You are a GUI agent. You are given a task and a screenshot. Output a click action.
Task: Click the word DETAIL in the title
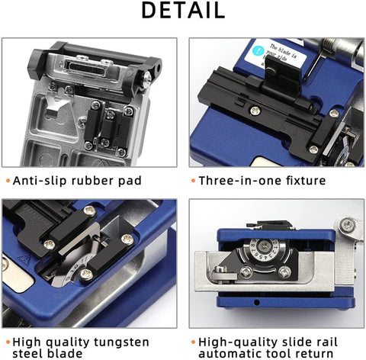[x=182, y=11]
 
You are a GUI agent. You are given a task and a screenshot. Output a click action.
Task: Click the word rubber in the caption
[x=95, y=181]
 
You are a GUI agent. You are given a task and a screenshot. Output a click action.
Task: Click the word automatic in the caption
[x=232, y=353]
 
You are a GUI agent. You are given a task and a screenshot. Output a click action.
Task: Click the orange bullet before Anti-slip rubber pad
[x=7, y=182]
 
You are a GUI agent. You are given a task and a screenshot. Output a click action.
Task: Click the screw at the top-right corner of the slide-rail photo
[x=348, y=225]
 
